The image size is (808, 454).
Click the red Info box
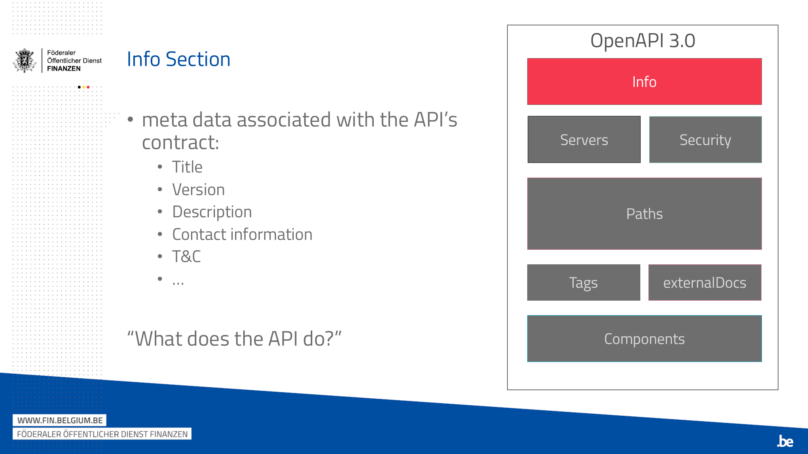(x=644, y=82)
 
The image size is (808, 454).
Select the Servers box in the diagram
(x=584, y=140)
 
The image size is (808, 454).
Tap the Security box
(x=705, y=140)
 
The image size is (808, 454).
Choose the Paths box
(x=644, y=213)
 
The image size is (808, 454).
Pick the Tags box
(x=584, y=282)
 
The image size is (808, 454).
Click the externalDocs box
(x=705, y=282)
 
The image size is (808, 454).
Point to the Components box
(x=644, y=339)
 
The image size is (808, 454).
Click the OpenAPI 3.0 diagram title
(x=643, y=41)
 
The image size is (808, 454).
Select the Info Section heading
(x=179, y=59)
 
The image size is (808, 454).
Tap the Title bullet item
(x=187, y=167)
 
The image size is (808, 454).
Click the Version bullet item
(x=198, y=190)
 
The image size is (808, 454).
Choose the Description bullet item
(x=212, y=212)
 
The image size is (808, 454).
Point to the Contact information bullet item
(x=242, y=234)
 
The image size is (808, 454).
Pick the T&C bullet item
(x=186, y=257)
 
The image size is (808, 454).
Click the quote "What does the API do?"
(x=234, y=339)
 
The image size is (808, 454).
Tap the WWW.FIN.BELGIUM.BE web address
(x=60, y=421)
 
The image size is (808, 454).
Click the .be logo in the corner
(x=785, y=441)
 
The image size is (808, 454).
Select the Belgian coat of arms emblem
(x=25, y=61)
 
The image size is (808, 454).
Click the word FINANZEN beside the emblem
(x=64, y=69)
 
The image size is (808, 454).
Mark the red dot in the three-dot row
(x=88, y=87)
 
